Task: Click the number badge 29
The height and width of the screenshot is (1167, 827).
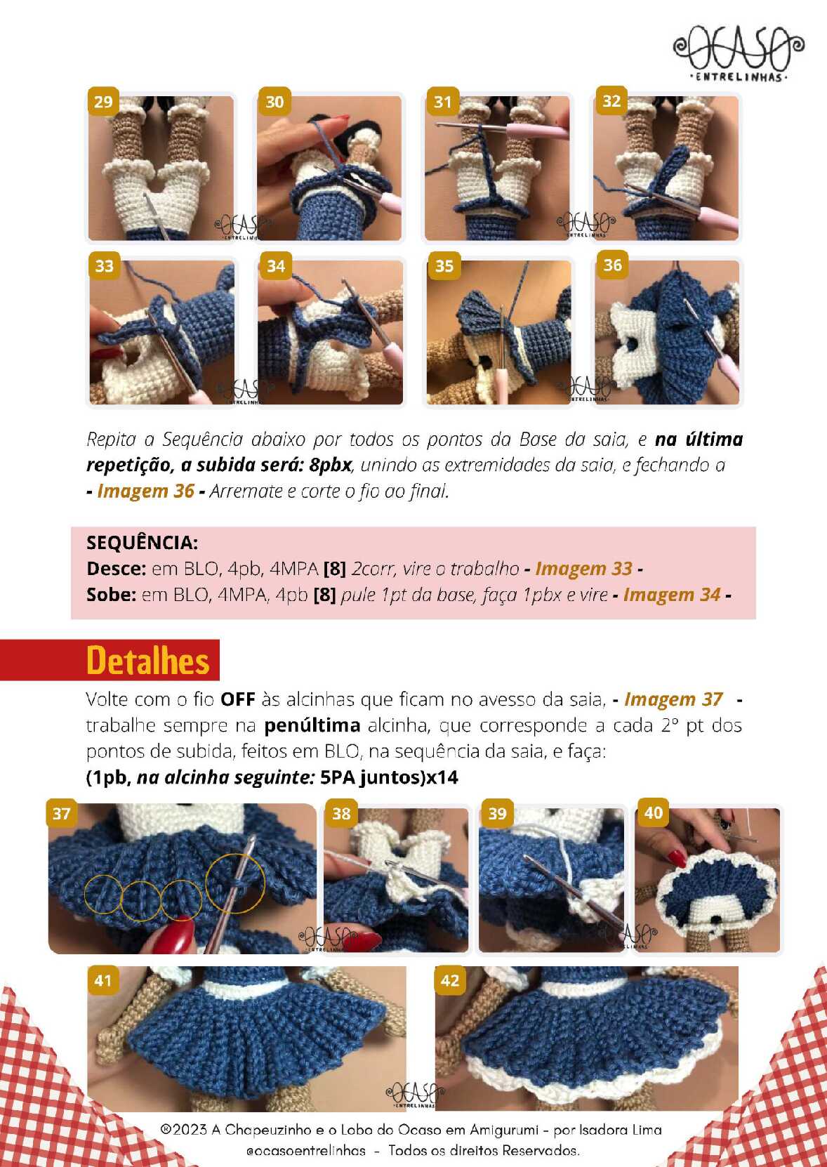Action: coord(103,102)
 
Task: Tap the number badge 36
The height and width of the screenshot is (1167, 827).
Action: coord(611,265)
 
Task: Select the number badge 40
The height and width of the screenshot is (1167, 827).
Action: coord(653,812)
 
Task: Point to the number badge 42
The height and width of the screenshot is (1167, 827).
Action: coord(450,980)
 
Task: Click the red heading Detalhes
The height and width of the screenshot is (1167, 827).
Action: coord(148,661)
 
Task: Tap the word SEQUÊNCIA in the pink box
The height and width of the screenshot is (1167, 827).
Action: coord(143,543)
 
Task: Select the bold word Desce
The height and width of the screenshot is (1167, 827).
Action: coord(116,568)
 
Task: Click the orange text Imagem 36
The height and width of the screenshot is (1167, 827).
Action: coord(145,491)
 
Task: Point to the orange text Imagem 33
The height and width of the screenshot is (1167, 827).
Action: coord(584,568)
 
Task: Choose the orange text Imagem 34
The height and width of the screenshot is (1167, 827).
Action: coord(672,595)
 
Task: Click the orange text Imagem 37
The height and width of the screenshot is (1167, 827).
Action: coord(673,699)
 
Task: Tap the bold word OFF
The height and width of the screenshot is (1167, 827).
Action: coord(237,699)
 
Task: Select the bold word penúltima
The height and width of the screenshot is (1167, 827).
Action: coord(312,725)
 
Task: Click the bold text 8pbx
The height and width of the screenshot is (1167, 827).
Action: coord(330,465)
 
